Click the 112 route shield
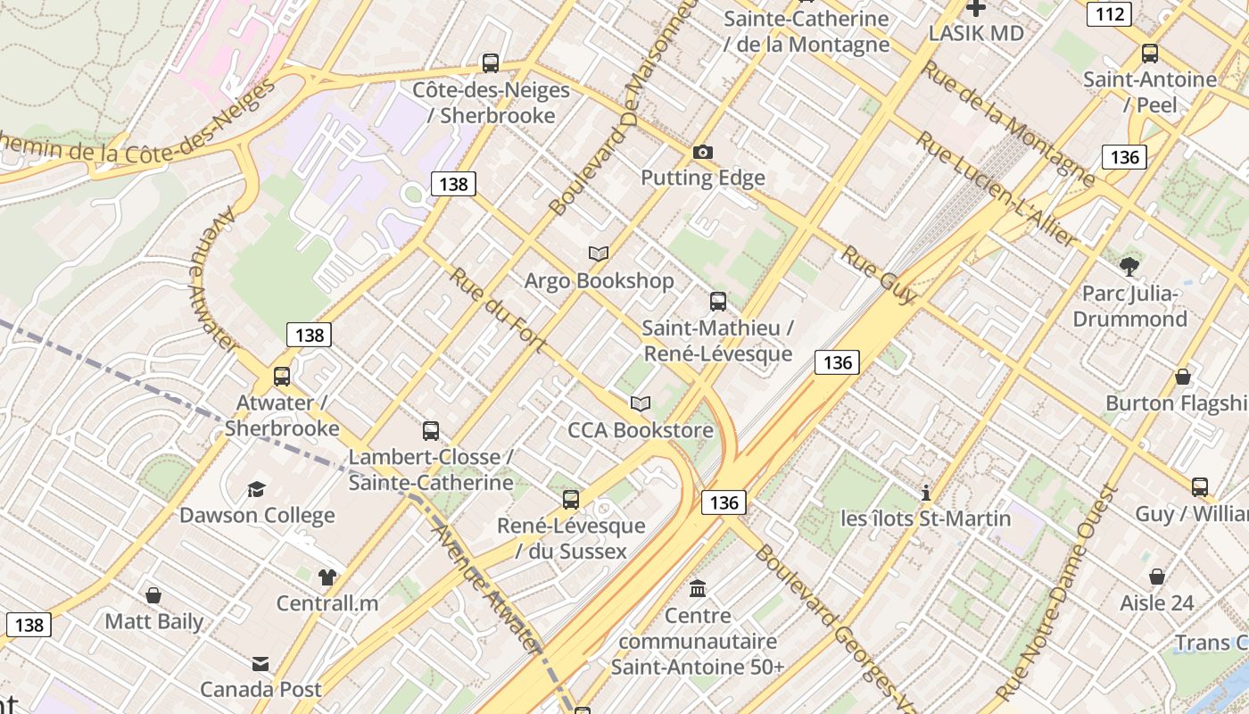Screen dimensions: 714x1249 (x=1110, y=14)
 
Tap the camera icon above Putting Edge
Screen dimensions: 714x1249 (x=703, y=152)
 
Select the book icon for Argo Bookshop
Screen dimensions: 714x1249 (x=599, y=254)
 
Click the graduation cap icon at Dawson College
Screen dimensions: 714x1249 (x=257, y=489)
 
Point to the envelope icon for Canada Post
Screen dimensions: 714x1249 (x=261, y=664)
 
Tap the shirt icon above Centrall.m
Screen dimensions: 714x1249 (x=327, y=577)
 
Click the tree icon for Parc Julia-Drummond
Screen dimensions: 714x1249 (x=1129, y=266)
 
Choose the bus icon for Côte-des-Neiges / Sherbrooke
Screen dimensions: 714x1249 (x=490, y=63)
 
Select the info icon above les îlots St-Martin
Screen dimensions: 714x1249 (x=926, y=493)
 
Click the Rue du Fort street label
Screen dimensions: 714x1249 (x=496, y=309)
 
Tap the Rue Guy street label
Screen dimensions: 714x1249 (x=878, y=274)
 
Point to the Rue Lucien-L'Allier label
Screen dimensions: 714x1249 (x=997, y=189)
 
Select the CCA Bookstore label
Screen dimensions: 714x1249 (x=641, y=430)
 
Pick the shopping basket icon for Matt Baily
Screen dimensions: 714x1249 (x=153, y=595)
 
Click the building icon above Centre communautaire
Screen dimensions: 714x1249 (x=698, y=589)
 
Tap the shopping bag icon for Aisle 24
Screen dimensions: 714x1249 (x=1157, y=577)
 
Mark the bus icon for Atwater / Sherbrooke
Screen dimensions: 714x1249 (x=282, y=377)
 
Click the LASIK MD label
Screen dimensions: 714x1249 (x=975, y=33)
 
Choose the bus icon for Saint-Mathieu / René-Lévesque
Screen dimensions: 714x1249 (x=718, y=302)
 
